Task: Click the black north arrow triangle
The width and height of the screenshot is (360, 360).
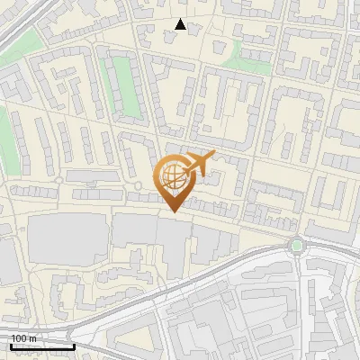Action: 181,25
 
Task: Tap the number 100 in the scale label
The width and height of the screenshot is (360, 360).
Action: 19,338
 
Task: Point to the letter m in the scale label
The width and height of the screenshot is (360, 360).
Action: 33,338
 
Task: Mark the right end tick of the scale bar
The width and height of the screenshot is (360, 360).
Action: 74,345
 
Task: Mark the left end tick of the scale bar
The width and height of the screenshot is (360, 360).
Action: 11,345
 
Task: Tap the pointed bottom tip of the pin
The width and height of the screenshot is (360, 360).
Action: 171,212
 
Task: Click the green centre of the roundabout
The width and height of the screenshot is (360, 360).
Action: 296,245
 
